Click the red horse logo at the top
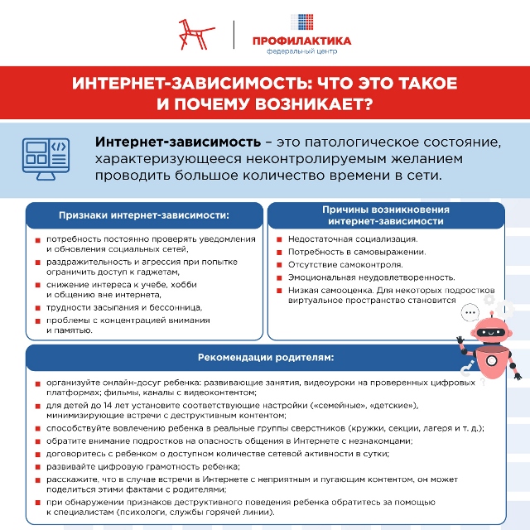[x=196, y=33]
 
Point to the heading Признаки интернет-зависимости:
[x=143, y=215]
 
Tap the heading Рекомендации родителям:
[x=265, y=358]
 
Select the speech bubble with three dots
[x=470, y=314]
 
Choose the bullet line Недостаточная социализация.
[x=352, y=240]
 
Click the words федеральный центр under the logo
[x=301, y=51]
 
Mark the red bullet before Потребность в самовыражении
[x=280, y=253]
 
